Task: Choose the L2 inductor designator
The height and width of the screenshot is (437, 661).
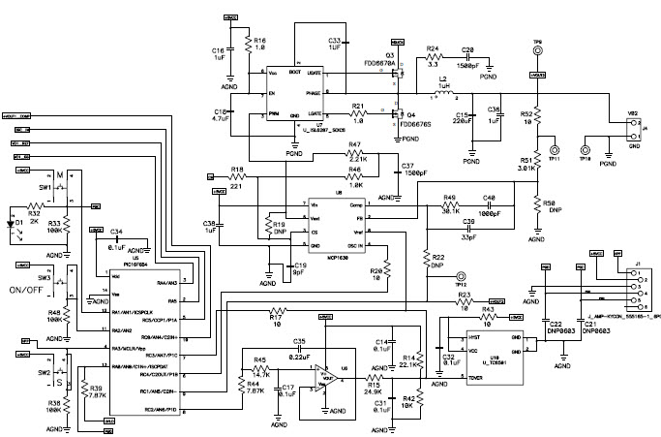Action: tap(443, 77)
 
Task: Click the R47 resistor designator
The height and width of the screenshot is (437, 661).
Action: tap(354, 146)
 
